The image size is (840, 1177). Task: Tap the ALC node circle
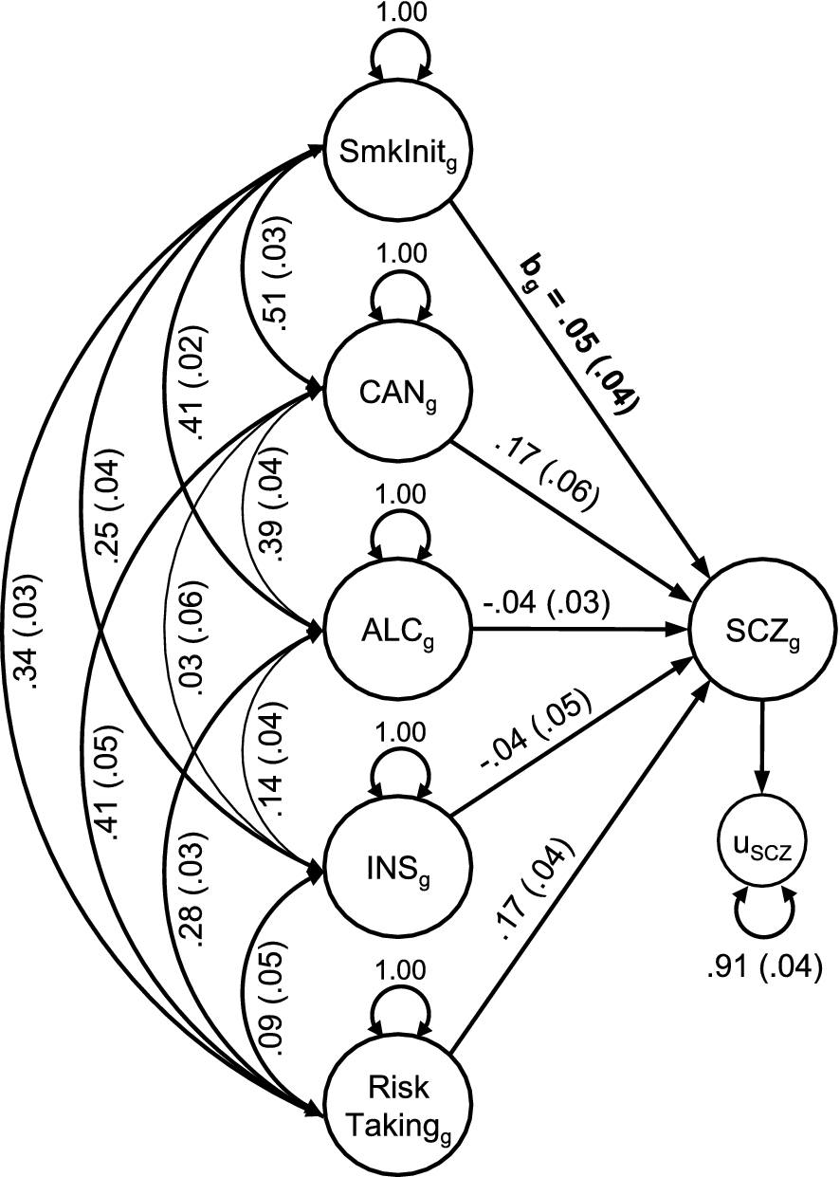[386, 627]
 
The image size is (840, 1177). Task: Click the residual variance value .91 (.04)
[758, 968]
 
